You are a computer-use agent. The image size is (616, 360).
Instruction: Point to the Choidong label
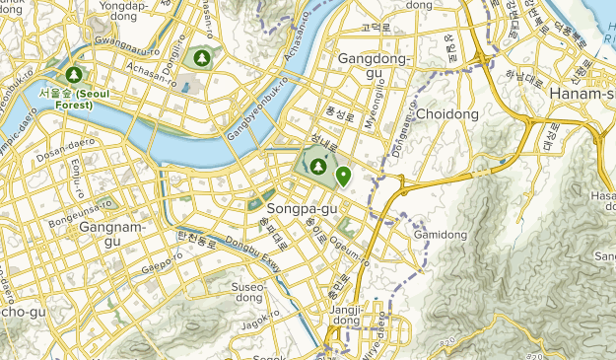(x=446, y=114)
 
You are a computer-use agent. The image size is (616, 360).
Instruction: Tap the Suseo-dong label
(x=247, y=293)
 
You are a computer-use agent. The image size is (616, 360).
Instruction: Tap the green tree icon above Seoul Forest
(x=74, y=74)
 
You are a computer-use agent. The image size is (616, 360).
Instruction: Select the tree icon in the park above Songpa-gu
(x=318, y=167)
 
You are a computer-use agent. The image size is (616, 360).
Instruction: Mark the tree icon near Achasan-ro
(x=202, y=58)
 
